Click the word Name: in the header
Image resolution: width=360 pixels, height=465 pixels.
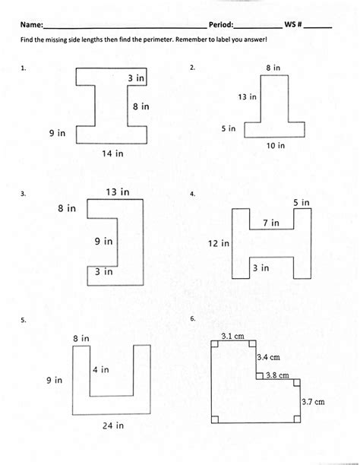click(32, 24)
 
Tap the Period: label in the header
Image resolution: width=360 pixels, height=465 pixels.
click(221, 24)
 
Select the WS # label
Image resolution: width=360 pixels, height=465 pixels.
click(293, 24)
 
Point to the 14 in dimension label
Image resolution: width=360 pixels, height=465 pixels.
click(112, 153)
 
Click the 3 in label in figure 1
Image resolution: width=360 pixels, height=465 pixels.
click(136, 78)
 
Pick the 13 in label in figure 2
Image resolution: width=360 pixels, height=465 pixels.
click(247, 96)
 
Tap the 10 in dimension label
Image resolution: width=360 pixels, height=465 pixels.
click(276, 146)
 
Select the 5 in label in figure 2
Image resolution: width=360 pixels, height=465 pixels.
click(229, 128)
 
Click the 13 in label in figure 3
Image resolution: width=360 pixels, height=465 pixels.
click(118, 192)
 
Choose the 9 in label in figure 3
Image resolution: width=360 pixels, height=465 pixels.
click(103, 241)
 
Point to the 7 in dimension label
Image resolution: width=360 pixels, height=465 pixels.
click(271, 223)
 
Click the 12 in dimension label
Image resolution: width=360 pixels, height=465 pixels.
click(219, 243)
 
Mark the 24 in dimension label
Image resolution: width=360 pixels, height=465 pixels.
click(113, 425)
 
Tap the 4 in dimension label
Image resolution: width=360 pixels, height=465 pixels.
click(101, 369)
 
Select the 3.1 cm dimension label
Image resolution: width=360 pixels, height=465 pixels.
click(232, 336)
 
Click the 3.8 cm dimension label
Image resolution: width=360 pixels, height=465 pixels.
click(277, 375)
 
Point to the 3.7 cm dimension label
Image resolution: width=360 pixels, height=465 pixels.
click(313, 402)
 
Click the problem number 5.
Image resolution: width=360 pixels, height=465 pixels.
click(24, 320)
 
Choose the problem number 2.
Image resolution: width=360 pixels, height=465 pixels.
click(192, 68)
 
